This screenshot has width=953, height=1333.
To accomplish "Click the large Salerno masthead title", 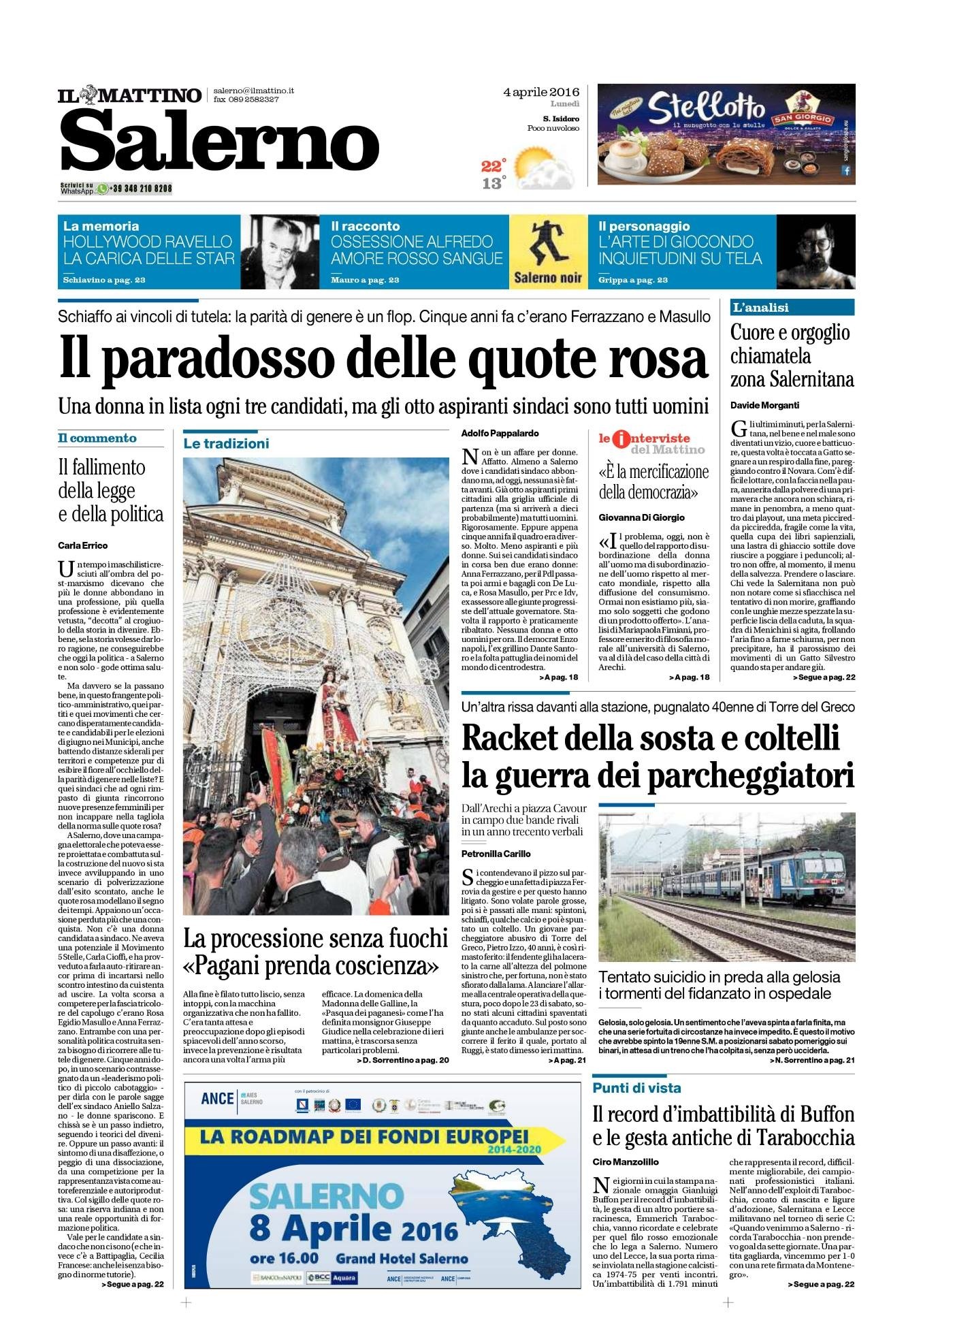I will coord(219,142).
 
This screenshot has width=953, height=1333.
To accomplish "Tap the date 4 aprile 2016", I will coord(541,92).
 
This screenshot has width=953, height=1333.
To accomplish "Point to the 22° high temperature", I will coord(494,165).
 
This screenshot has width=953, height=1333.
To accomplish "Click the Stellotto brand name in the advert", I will coord(705,107).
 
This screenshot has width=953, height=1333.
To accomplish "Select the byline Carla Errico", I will coord(83,545).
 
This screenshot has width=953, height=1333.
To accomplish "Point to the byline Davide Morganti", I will coord(764,405).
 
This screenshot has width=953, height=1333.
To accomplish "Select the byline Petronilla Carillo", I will coord(496,854).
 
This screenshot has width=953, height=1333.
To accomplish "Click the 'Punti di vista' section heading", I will coord(636,1088).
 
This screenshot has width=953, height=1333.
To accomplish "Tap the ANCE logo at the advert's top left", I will coord(217,1099).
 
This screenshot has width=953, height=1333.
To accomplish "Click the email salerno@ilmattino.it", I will coord(253,91).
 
